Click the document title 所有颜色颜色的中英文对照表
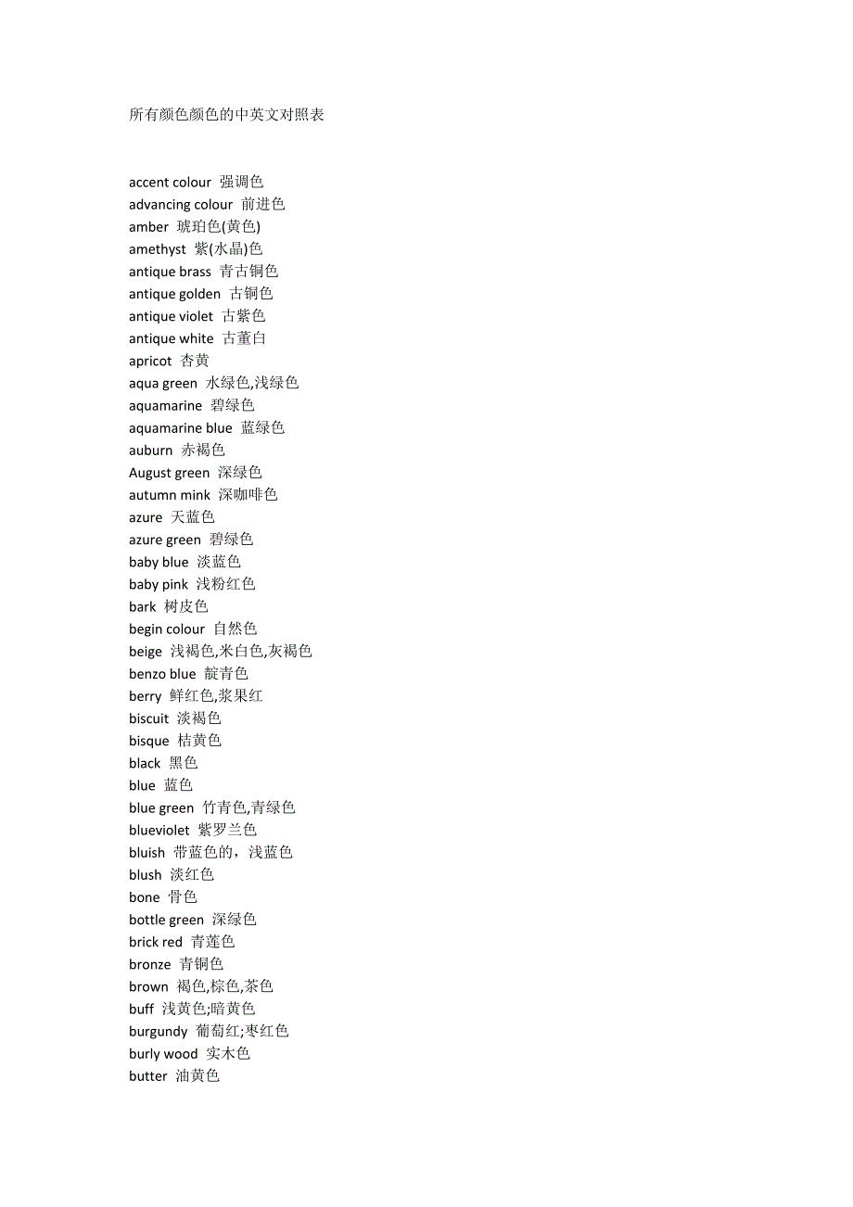226,115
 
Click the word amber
148,227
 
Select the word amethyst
158,249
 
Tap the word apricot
150,362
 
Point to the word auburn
150,451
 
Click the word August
149,473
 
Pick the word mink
196,495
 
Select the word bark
143,607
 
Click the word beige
146,652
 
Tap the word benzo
148,674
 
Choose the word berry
146,696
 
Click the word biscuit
149,718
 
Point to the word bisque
149,741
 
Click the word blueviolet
159,831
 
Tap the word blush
146,875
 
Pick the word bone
145,897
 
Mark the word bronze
150,964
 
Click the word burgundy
159,1032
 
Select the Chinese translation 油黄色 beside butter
197,1076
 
